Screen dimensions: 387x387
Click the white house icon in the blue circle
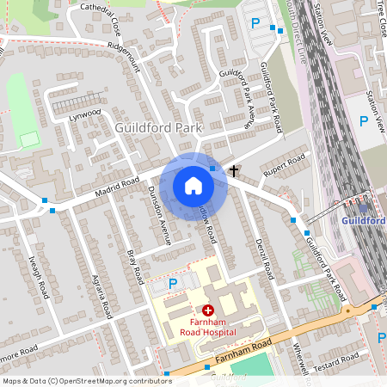point(193,186)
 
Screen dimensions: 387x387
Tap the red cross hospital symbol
point(208,310)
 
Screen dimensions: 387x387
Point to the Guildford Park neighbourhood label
point(157,127)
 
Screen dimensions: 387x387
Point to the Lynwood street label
point(85,113)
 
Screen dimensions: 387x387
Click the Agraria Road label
point(101,298)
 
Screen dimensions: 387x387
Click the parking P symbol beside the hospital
point(173,283)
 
